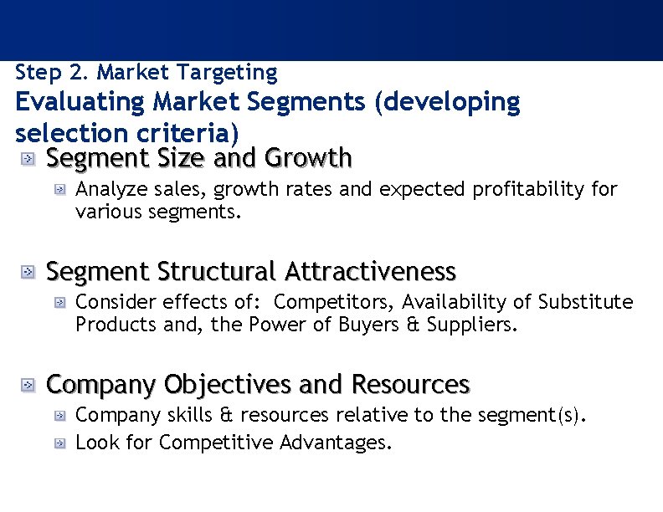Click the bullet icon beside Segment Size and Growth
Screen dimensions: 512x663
(x=28, y=157)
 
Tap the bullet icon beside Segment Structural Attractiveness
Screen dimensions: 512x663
(x=28, y=272)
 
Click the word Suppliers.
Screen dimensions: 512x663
(x=472, y=324)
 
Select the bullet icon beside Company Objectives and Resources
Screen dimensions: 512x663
(x=28, y=385)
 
